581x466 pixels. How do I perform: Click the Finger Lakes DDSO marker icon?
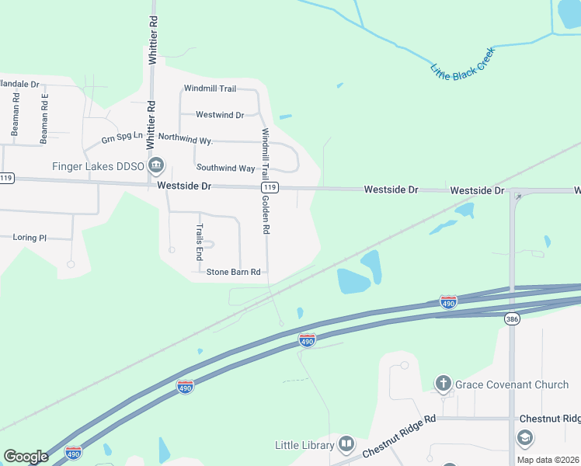point(157,165)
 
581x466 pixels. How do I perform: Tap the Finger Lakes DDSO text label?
point(97,166)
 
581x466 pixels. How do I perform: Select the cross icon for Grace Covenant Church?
point(443,383)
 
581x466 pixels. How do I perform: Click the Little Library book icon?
point(346,445)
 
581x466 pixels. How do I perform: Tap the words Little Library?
point(304,445)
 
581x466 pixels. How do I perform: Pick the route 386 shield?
point(512,318)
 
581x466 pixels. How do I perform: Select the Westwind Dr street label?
point(220,115)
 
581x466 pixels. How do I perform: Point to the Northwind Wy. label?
point(185,138)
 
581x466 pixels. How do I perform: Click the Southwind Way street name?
point(225,168)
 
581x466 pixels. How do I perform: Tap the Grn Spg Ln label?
point(123,137)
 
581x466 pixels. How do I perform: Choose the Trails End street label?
point(200,242)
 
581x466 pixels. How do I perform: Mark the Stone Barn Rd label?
point(233,272)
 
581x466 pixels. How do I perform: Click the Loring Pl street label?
point(30,238)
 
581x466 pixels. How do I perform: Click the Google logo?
point(26,456)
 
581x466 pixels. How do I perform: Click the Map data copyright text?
point(548,459)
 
